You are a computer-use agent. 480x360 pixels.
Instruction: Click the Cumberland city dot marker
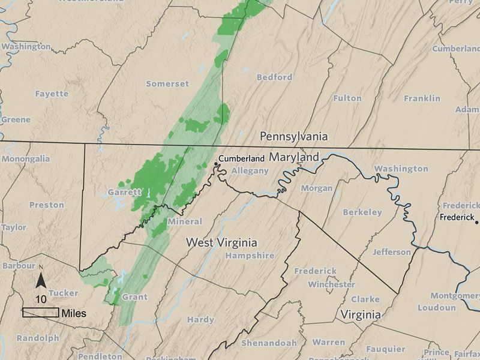[216, 163]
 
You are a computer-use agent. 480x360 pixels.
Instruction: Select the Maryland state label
[293, 157]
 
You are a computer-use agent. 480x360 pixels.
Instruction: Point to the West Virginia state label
[221, 243]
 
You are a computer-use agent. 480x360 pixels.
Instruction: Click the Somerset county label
[167, 83]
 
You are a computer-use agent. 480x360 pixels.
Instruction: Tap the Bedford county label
[274, 77]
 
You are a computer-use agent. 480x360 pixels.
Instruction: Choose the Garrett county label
[124, 192]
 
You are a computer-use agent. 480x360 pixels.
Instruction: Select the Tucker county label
[64, 292]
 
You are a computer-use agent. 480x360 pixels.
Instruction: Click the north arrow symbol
[41, 280]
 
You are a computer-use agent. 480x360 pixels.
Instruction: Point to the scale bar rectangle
[40, 313]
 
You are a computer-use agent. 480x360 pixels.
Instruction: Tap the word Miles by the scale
[73, 313]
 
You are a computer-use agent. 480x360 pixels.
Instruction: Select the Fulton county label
[347, 98]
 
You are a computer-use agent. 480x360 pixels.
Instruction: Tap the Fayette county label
[52, 94]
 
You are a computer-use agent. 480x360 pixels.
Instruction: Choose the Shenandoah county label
[269, 343]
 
